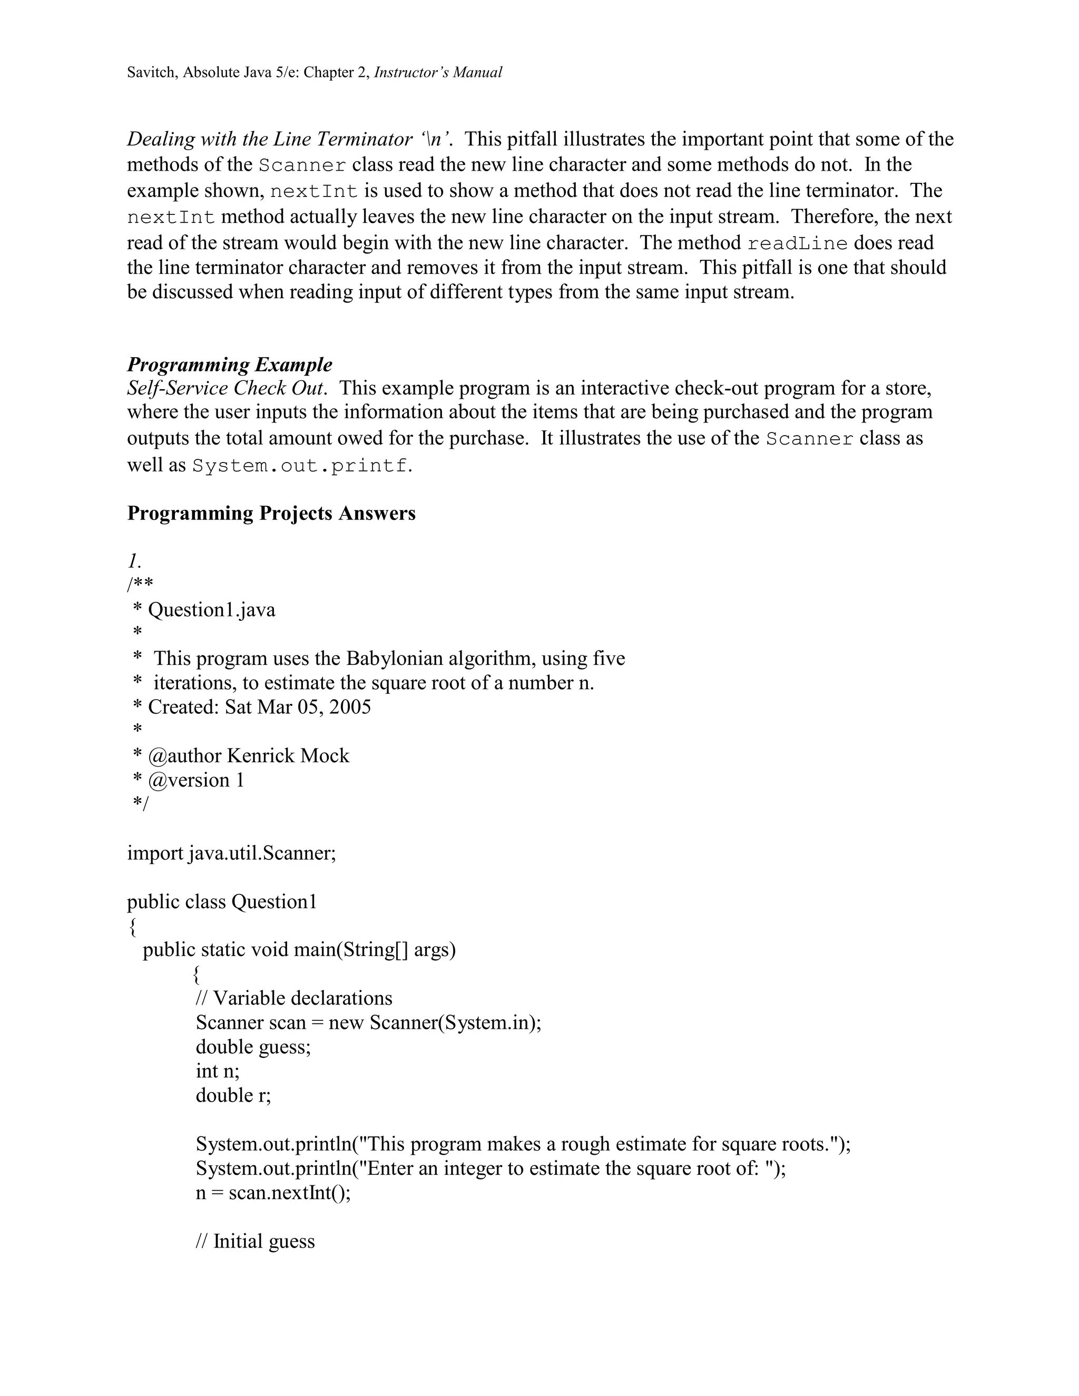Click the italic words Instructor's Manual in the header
[438, 72]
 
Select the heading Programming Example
[230, 365]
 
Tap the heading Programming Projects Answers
[271, 513]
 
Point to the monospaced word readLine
[797, 243]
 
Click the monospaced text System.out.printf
[299, 465]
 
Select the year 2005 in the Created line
[350, 707]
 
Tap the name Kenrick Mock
[288, 755]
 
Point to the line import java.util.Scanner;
[231, 853]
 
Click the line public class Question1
[222, 901]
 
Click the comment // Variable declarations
[294, 998]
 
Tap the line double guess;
[253, 1047]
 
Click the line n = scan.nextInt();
[273, 1193]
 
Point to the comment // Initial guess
[255, 1241]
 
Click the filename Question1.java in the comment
[212, 610]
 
